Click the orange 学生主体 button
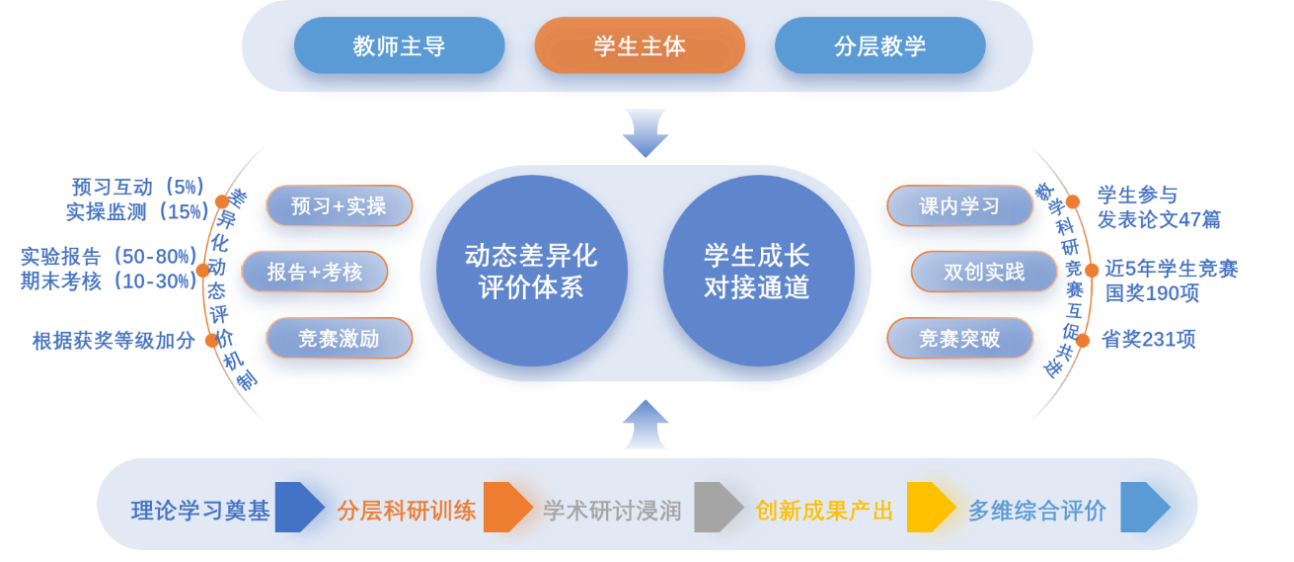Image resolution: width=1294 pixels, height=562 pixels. pos(640,45)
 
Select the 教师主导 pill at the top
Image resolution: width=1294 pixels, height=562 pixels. pos(399,45)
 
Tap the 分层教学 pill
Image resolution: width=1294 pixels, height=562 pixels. pos(879,45)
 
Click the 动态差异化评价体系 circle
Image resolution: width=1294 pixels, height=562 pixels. pos(531,271)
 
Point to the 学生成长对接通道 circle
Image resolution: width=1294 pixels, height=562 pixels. pos(757,271)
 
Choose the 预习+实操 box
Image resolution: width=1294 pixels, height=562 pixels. pos(339,206)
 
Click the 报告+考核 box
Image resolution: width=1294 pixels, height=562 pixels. pos(315,272)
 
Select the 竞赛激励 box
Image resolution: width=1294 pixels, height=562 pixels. pos(339,339)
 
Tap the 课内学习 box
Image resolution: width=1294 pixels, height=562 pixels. pos(959,205)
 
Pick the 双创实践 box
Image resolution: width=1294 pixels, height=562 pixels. pos(983,272)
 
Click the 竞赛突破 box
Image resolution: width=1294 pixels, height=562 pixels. pos(959,339)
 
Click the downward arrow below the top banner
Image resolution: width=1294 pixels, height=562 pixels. pos(646,132)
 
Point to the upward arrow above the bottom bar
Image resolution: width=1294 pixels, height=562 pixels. pos(646,424)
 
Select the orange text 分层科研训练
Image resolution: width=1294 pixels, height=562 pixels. pos(407,511)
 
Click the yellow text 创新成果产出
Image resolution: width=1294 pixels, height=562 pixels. pos(824,511)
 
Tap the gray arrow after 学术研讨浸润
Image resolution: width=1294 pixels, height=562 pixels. pos(718,508)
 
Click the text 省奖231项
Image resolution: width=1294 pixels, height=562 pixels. pos(1148,340)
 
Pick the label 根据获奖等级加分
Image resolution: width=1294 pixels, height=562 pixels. pos(114,342)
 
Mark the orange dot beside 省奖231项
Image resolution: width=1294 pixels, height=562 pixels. pos(1083,340)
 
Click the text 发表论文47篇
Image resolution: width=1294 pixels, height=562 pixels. pos(1159,219)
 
